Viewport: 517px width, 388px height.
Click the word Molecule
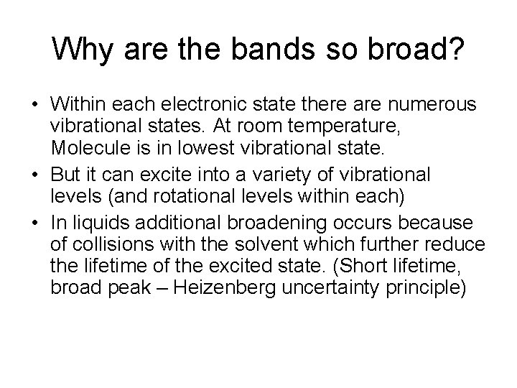(90, 149)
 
